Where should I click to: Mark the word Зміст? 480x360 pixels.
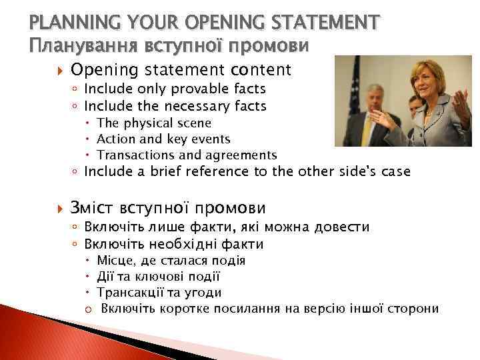(x=95, y=207)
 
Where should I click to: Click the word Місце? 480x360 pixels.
(x=115, y=261)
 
